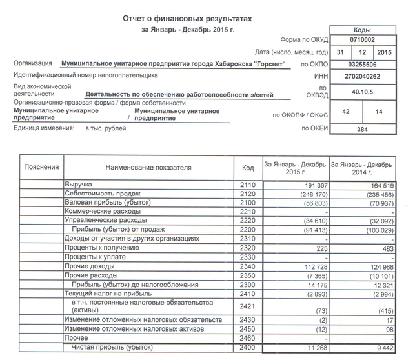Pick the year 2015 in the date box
click(385, 52)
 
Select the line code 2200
click(248, 230)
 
